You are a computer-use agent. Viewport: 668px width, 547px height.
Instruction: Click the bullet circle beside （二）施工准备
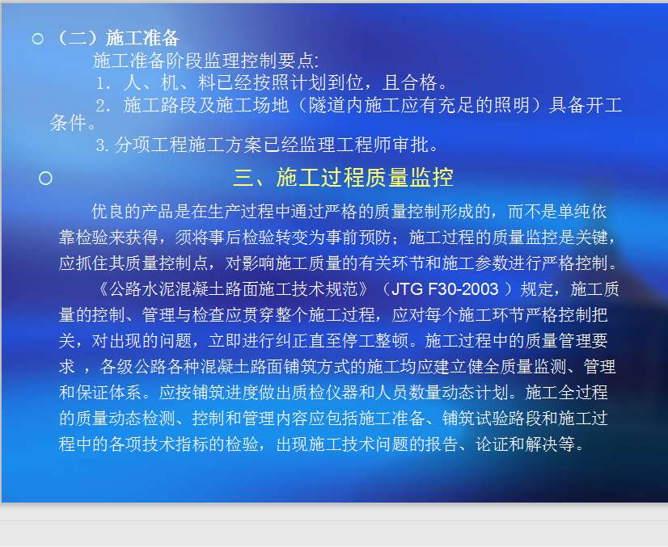[37, 39]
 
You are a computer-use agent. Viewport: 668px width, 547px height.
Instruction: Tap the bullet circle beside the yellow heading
[45, 178]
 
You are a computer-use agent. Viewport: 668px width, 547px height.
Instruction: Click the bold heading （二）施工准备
[116, 38]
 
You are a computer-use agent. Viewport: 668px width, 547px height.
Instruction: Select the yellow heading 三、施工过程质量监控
[343, 177]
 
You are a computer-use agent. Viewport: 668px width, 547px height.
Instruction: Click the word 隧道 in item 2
[327, 105]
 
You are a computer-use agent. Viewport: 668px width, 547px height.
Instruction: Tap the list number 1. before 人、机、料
[103, 83]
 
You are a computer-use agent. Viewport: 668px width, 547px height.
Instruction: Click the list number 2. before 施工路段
[103, 106]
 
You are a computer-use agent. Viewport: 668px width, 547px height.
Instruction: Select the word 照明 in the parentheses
[512, 105]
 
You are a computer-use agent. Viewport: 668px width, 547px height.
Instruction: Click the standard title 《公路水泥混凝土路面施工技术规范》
[233, 289]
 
